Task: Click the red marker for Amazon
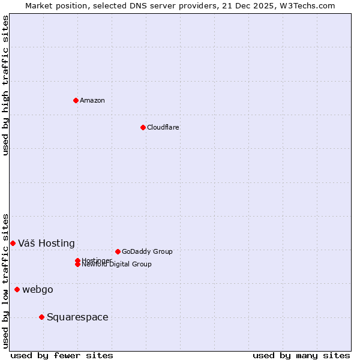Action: pos(76,100)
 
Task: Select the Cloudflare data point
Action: pos(143,127)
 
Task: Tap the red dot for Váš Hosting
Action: pos(13,243)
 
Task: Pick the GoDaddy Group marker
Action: pos(118,251)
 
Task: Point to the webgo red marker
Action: pos(17,289)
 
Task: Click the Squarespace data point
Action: pos(41,317)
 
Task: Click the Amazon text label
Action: pos(92,100)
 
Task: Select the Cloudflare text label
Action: pos(163,127)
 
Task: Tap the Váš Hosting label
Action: pos(46,243)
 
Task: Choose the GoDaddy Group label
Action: pos(147,251)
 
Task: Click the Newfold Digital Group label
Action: pos(117,264)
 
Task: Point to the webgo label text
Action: pos(38,289)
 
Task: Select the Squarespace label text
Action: pos(77,317)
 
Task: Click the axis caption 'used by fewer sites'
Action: pos(62,355)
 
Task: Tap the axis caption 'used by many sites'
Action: pos(301,355)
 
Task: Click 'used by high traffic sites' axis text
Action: pos(5,85)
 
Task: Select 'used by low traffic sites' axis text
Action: pos(5,280)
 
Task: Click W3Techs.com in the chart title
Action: pos(309,5)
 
